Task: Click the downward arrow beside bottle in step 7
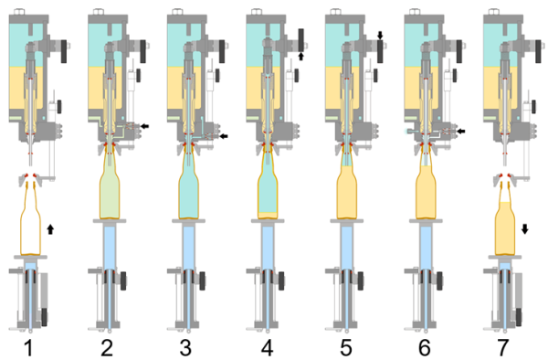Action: [525, 228]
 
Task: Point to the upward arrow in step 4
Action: [301, 56]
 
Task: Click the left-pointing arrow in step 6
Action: [462, 132]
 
